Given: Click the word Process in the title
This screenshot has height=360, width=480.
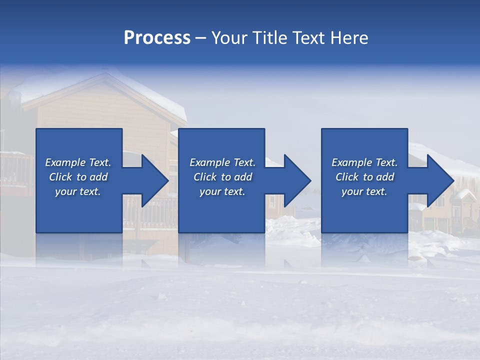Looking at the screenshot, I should point(157,37).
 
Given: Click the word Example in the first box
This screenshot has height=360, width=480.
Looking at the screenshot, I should point(65,162).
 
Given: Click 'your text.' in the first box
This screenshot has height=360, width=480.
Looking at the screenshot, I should point(78,191).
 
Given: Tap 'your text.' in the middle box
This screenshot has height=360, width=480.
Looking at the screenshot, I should point(222,191).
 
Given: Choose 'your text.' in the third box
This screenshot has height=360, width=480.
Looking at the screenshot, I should point(364,191).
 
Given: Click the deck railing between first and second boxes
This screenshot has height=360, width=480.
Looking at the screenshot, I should point(150,215).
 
